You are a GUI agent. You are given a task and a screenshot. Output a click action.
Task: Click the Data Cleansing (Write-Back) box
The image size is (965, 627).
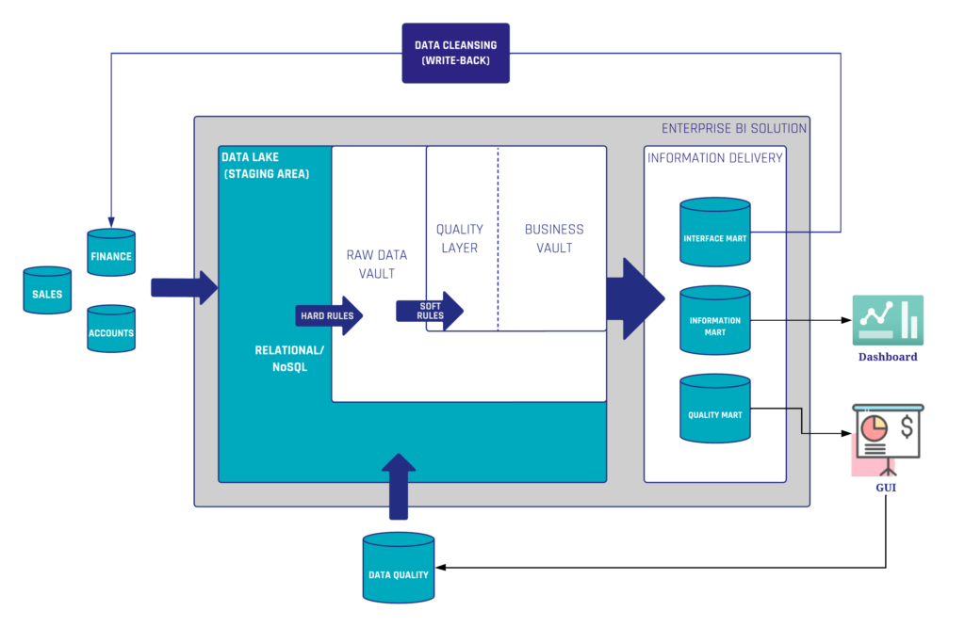coord(455,54)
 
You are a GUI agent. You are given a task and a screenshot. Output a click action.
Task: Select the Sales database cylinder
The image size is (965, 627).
coord(47,291)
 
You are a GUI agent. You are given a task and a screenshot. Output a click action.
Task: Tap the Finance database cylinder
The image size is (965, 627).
coord(110,253)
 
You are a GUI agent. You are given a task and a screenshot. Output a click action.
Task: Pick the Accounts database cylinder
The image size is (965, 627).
coord(110,330)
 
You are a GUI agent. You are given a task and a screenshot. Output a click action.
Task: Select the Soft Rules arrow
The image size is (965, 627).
coord(430,311)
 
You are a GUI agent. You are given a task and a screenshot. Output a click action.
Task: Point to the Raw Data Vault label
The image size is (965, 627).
coord(377,264)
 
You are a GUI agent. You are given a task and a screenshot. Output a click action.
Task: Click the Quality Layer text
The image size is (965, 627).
coord(460,238)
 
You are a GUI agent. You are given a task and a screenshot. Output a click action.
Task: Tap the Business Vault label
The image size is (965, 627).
coord(554,238)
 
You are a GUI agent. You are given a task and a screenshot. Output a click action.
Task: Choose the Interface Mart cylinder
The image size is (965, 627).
coord(714,233)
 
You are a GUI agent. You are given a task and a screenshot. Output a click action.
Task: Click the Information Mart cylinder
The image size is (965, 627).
coord(714,322)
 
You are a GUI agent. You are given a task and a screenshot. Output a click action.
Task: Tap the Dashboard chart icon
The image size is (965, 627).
coord(888,321)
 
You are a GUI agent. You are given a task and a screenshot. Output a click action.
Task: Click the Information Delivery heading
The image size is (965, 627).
coord(714,157)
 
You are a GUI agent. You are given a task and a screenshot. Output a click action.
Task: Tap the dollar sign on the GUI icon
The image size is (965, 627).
coord(907,428)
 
